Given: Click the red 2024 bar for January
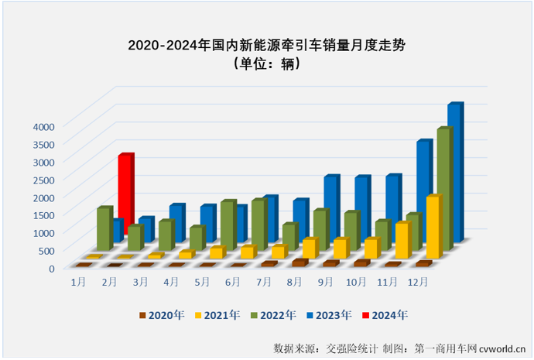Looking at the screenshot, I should (125, 182).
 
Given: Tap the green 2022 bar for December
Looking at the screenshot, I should (443, 190).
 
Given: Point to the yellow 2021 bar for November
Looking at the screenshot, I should (401, 241).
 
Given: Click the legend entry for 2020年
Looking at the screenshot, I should (165, 314).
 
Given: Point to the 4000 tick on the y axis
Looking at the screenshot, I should (43, 126).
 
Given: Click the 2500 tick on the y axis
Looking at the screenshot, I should (43, 180).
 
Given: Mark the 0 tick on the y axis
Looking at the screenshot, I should (51, 268).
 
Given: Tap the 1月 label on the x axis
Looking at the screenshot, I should (78, 281).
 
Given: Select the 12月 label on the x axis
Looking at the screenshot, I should (419, 281).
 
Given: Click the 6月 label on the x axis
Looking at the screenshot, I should (232, 281).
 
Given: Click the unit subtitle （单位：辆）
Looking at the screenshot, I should (266, 64).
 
